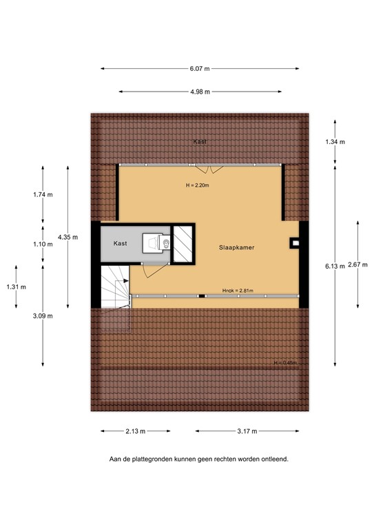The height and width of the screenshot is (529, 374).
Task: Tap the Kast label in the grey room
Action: (121, 244)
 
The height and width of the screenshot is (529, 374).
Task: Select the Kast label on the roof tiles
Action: (200, 142)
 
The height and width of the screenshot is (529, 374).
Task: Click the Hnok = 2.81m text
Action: (237, 291)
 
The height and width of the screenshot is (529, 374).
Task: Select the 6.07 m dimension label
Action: (200, 69)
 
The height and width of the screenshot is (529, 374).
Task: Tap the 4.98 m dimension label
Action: (200, 92)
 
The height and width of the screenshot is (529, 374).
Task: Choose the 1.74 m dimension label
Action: (43, 195)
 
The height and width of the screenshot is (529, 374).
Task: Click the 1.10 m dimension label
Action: (43, 244)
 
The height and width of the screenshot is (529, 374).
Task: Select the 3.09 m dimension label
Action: (43, 315)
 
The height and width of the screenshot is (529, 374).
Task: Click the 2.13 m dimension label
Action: (135, 431)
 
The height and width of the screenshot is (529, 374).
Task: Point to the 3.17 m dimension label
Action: (246, 431)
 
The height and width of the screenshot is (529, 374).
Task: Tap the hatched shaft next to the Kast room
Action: (183, 244)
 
